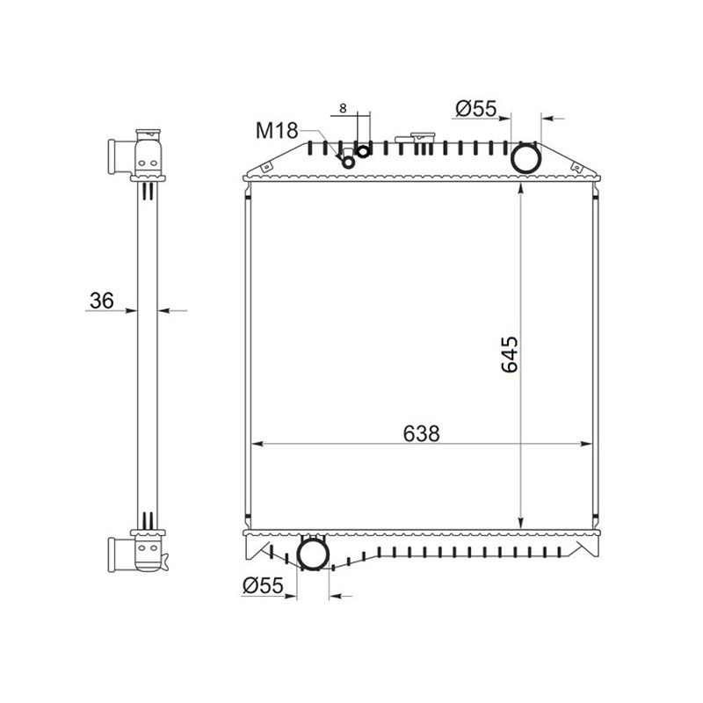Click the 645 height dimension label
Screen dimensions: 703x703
[x=510, y=355]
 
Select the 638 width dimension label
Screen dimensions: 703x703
[x=422, y=433]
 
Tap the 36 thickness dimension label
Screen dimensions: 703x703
[x=102, y=301]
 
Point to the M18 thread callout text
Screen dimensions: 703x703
[x=277, y=130]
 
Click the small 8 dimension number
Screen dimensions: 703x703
[x=343, y=108]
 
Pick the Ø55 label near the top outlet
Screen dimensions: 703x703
[x=476, y=108]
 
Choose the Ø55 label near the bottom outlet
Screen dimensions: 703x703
[x=263, y=585]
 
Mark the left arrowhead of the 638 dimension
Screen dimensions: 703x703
[x=257, y=444]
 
